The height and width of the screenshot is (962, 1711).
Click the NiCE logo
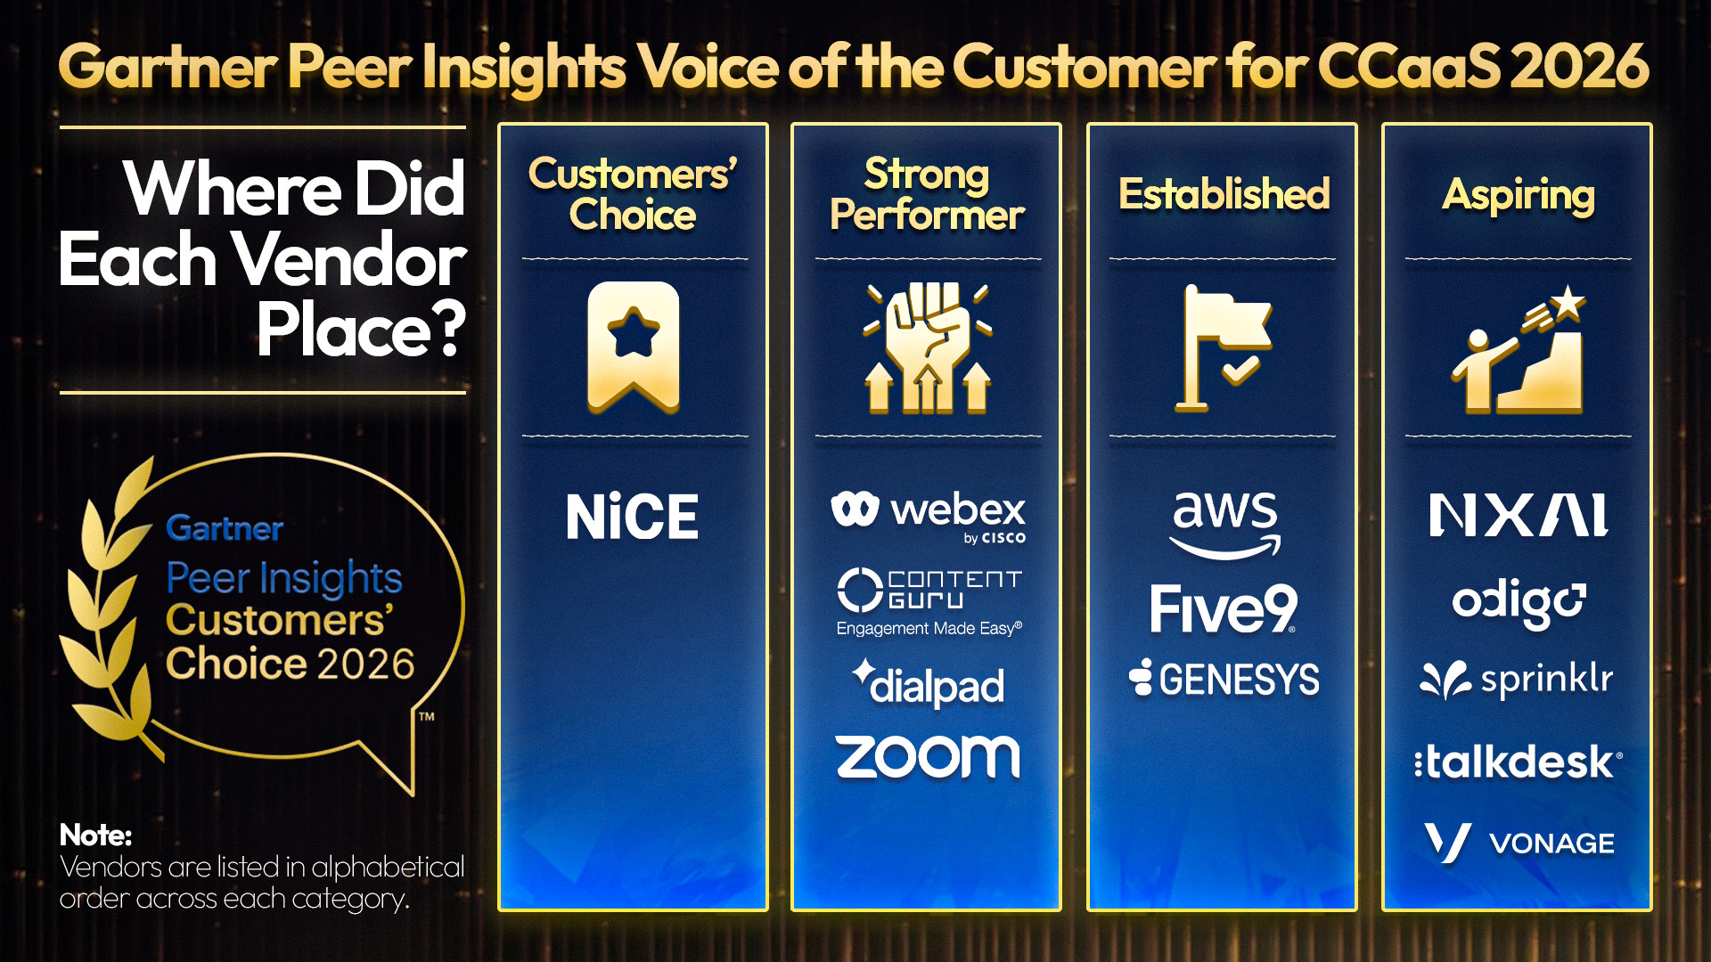pos(633,517)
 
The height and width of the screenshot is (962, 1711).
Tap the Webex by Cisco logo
pos(928,514)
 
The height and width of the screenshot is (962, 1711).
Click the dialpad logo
pos(928,684)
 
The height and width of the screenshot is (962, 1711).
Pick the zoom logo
pos(928,757)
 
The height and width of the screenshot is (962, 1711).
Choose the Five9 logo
pos(1224,609)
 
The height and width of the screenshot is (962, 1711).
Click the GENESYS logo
pos(1224,680)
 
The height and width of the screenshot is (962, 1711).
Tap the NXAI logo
pos(1518,515)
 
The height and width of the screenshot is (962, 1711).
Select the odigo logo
pos(1518,604)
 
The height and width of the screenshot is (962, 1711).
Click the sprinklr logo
pos(1518,681)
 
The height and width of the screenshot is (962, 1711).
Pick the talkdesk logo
pos(1518,762)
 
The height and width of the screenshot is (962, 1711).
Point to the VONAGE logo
pos(1518,843)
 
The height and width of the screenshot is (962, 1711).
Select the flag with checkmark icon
pos(1224,347)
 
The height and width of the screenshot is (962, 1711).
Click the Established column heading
pos(1224,194)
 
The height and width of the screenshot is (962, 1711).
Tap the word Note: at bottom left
pos(95,836)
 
